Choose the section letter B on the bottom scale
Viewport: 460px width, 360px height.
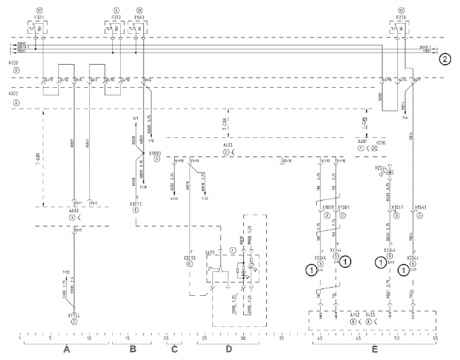pos(133,350)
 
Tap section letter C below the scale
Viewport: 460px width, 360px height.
pos(175,350)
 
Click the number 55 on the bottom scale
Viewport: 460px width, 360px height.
pos(435,339)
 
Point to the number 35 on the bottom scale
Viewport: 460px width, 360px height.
pos(282,339)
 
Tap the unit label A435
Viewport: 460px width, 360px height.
pos(374,318)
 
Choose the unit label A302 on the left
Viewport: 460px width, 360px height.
pos(13,94)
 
